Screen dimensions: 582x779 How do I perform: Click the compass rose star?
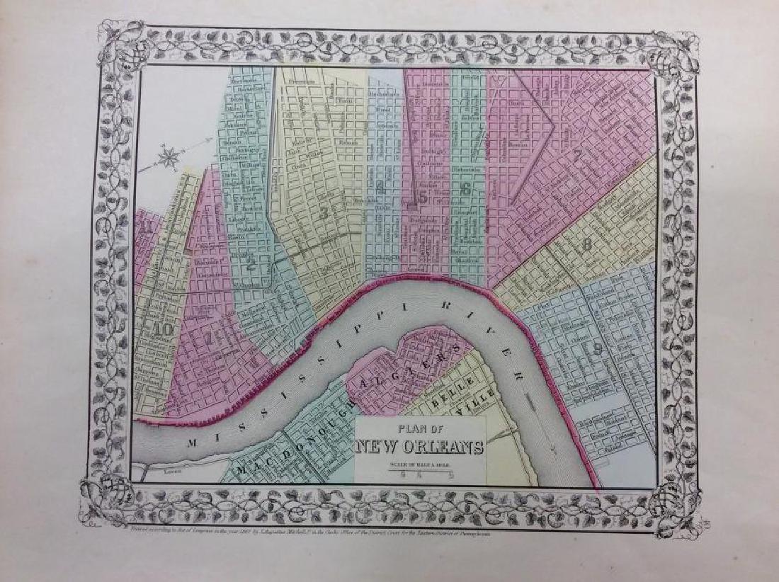169,157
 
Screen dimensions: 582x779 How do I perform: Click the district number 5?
423,198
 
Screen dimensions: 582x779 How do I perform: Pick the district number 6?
465,189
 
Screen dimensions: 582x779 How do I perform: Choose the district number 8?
586,246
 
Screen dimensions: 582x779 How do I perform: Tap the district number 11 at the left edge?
147,228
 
